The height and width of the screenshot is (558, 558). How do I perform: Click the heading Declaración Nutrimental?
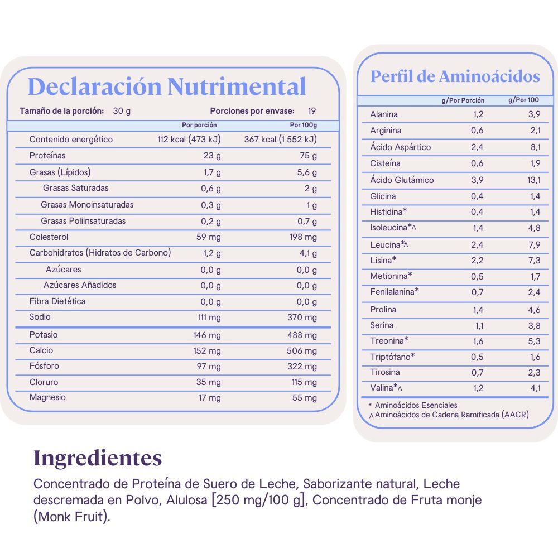click(167, 87)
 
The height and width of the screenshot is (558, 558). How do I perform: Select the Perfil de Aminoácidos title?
click(455, 76)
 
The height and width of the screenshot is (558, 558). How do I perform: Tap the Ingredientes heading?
click(98, 458)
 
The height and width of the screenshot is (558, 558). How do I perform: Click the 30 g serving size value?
click(122, 110)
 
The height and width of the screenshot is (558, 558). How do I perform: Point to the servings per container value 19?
click(312, 110)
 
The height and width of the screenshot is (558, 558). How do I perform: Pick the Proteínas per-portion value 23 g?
click(212, 156)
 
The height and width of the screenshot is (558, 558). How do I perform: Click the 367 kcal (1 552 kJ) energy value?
click(280, 139)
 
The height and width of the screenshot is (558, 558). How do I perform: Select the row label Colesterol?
click(49, 237)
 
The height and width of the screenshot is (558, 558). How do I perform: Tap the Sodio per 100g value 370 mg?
click(302, 317)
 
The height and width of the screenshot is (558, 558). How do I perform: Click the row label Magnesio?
click(47, 397)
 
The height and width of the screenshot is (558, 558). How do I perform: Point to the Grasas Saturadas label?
click(76, 188)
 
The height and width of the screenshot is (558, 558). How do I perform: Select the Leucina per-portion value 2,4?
click(477, 244)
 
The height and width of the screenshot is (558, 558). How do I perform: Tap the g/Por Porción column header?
click(463, 100)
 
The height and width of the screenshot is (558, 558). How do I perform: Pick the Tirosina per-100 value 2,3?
click(535, 372)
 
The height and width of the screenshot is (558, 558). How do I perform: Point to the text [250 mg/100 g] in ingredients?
click(259, 500)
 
